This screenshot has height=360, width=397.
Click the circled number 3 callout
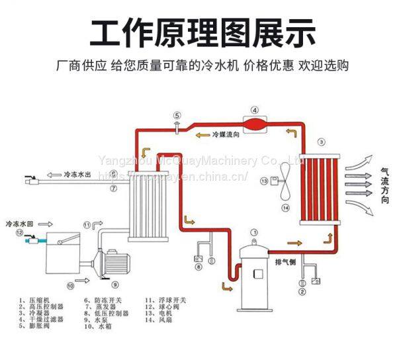tap(321, 142)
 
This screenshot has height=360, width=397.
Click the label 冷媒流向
tap(223, 134)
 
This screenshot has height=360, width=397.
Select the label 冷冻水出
tap(77, 177)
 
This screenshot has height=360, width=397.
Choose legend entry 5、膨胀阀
tap(38, 326)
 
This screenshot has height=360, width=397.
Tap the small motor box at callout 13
tap(267, 180)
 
